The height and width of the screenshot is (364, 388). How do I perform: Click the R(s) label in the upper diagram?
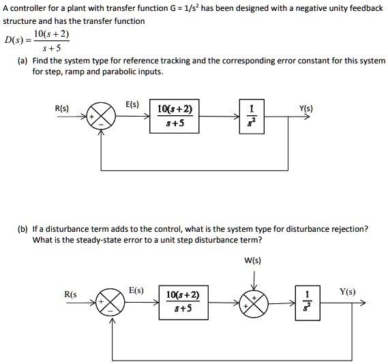point(61,108)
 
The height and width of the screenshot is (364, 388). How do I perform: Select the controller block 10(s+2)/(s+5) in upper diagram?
point(175,117)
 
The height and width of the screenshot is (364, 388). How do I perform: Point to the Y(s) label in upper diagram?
point(307,108)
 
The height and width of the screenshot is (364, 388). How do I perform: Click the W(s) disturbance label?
point(252,260)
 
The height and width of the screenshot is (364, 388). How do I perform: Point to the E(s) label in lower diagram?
point(136,290)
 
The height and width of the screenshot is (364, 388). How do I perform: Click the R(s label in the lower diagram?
point(70,294)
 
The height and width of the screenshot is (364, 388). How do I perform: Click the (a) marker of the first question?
point(24,61)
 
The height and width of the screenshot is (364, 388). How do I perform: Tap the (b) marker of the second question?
point(24,229)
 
